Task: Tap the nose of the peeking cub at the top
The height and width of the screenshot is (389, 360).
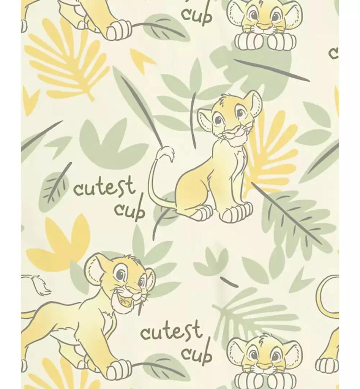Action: pyautogui.click(x=264, y=25)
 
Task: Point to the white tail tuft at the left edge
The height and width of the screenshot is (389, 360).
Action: pyautogui.click(x=37, y=285)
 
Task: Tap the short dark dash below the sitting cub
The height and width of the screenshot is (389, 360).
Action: pyautogui.click(x=230, y=282)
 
